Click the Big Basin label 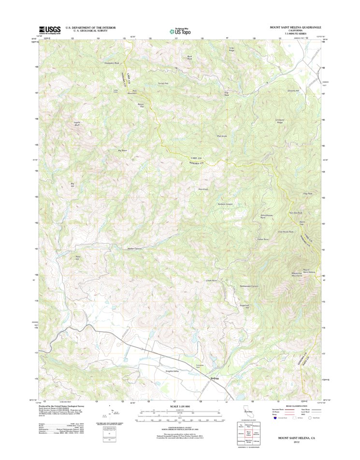[123, 150]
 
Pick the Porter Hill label [77, 258]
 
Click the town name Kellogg [216, 378]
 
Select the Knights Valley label [173, 371]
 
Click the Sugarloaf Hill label [244, 306]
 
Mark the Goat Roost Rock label [285, 232]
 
